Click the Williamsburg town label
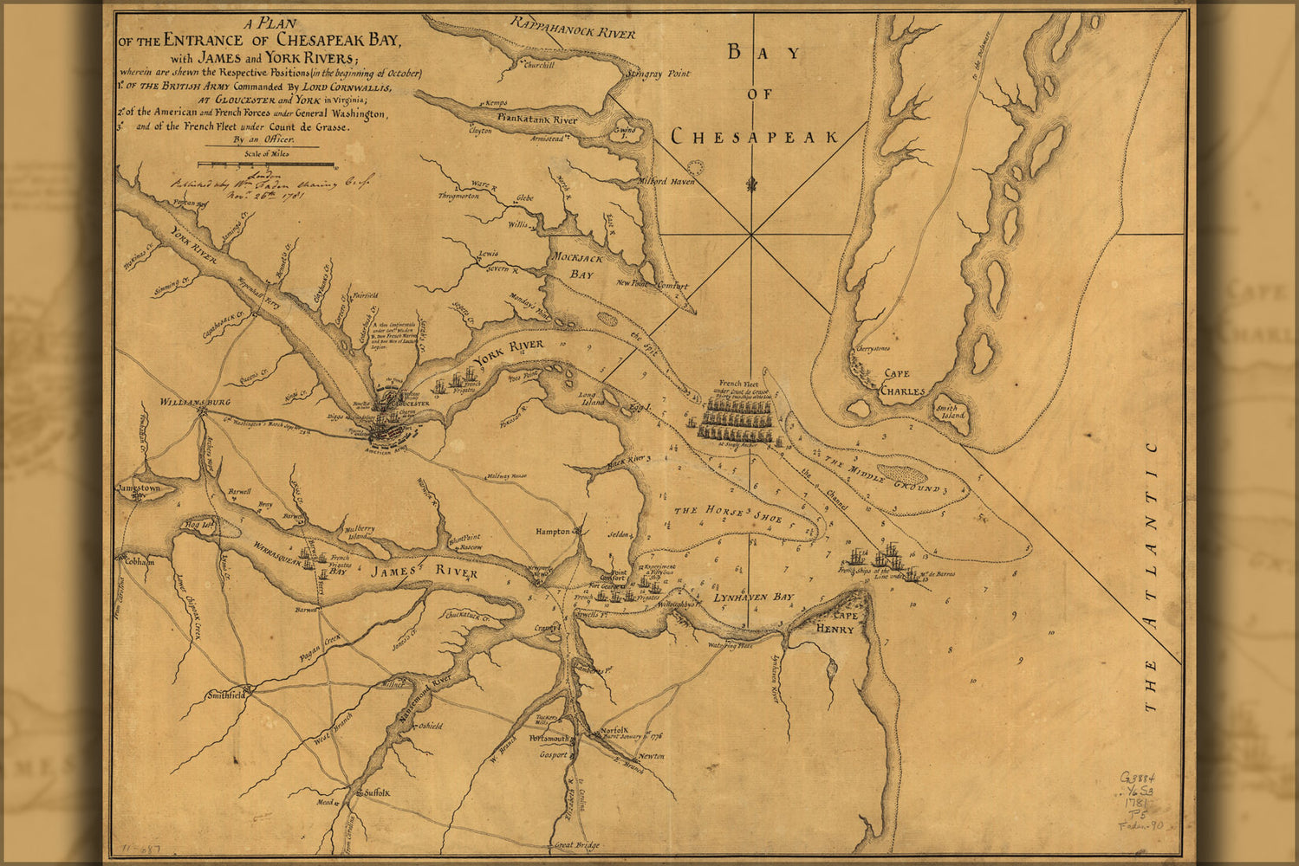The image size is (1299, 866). (195, 403)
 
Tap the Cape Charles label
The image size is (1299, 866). (904, 383)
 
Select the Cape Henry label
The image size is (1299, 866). (834, 623)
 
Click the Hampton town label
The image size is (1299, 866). (553, 532)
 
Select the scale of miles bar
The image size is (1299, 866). (266, 164)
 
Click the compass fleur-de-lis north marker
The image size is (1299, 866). (751, 184)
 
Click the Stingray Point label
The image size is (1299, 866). (661, 74)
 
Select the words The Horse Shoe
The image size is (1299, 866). (728, 514)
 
